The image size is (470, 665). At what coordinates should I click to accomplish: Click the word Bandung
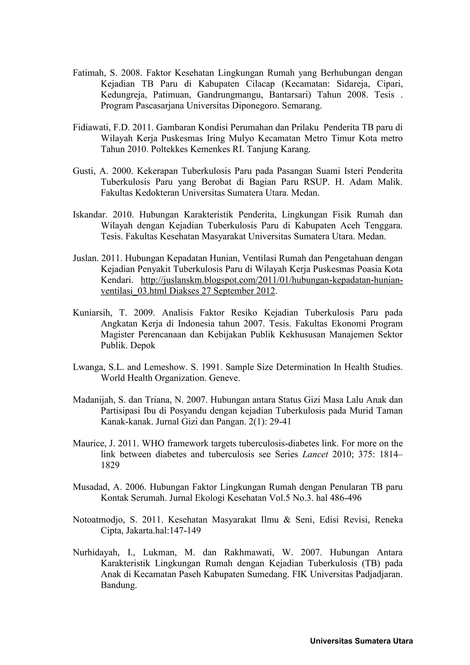click(118, 585)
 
